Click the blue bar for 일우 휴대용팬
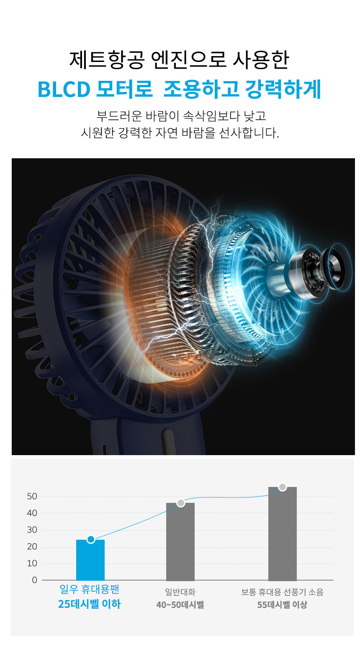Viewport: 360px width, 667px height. (x=90, y=560)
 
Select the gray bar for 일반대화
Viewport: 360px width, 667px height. (x=180, y=542)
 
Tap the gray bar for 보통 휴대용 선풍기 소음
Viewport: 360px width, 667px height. (x=282, y=533)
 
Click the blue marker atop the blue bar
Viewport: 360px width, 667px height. (x=91, y=539)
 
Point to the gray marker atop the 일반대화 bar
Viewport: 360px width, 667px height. (x=181, y=503)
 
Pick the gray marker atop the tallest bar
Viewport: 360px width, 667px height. (x=283, y=487)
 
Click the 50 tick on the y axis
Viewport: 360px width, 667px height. (x=32, y=497)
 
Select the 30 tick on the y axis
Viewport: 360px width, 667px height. (x=32, y=530)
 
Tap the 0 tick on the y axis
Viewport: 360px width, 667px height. (x=35, y=580)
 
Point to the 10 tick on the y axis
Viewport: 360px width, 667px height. (x=32, y=563)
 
